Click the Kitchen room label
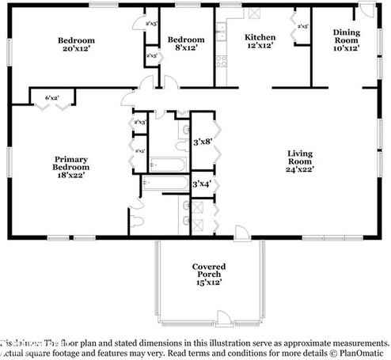pyautogui.click(x=260, y=37)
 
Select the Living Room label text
pyautogui.click(x=300, y=156)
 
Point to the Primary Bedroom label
pyautogui.click(x=70, y=163)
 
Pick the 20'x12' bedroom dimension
pyautogui.click(x=77, y=48)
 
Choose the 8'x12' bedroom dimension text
pyautogui.click(x=186, y=48)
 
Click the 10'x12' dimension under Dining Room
pyautogui.click(x=346, y=48)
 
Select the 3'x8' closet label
pyautogui.click(x=202, y=142)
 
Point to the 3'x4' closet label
pyautogui.click(x=202, y=184)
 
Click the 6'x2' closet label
pyautogui.click(x=52, y=97)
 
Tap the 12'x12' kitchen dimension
pyautogui.click(x=260, y=47)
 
